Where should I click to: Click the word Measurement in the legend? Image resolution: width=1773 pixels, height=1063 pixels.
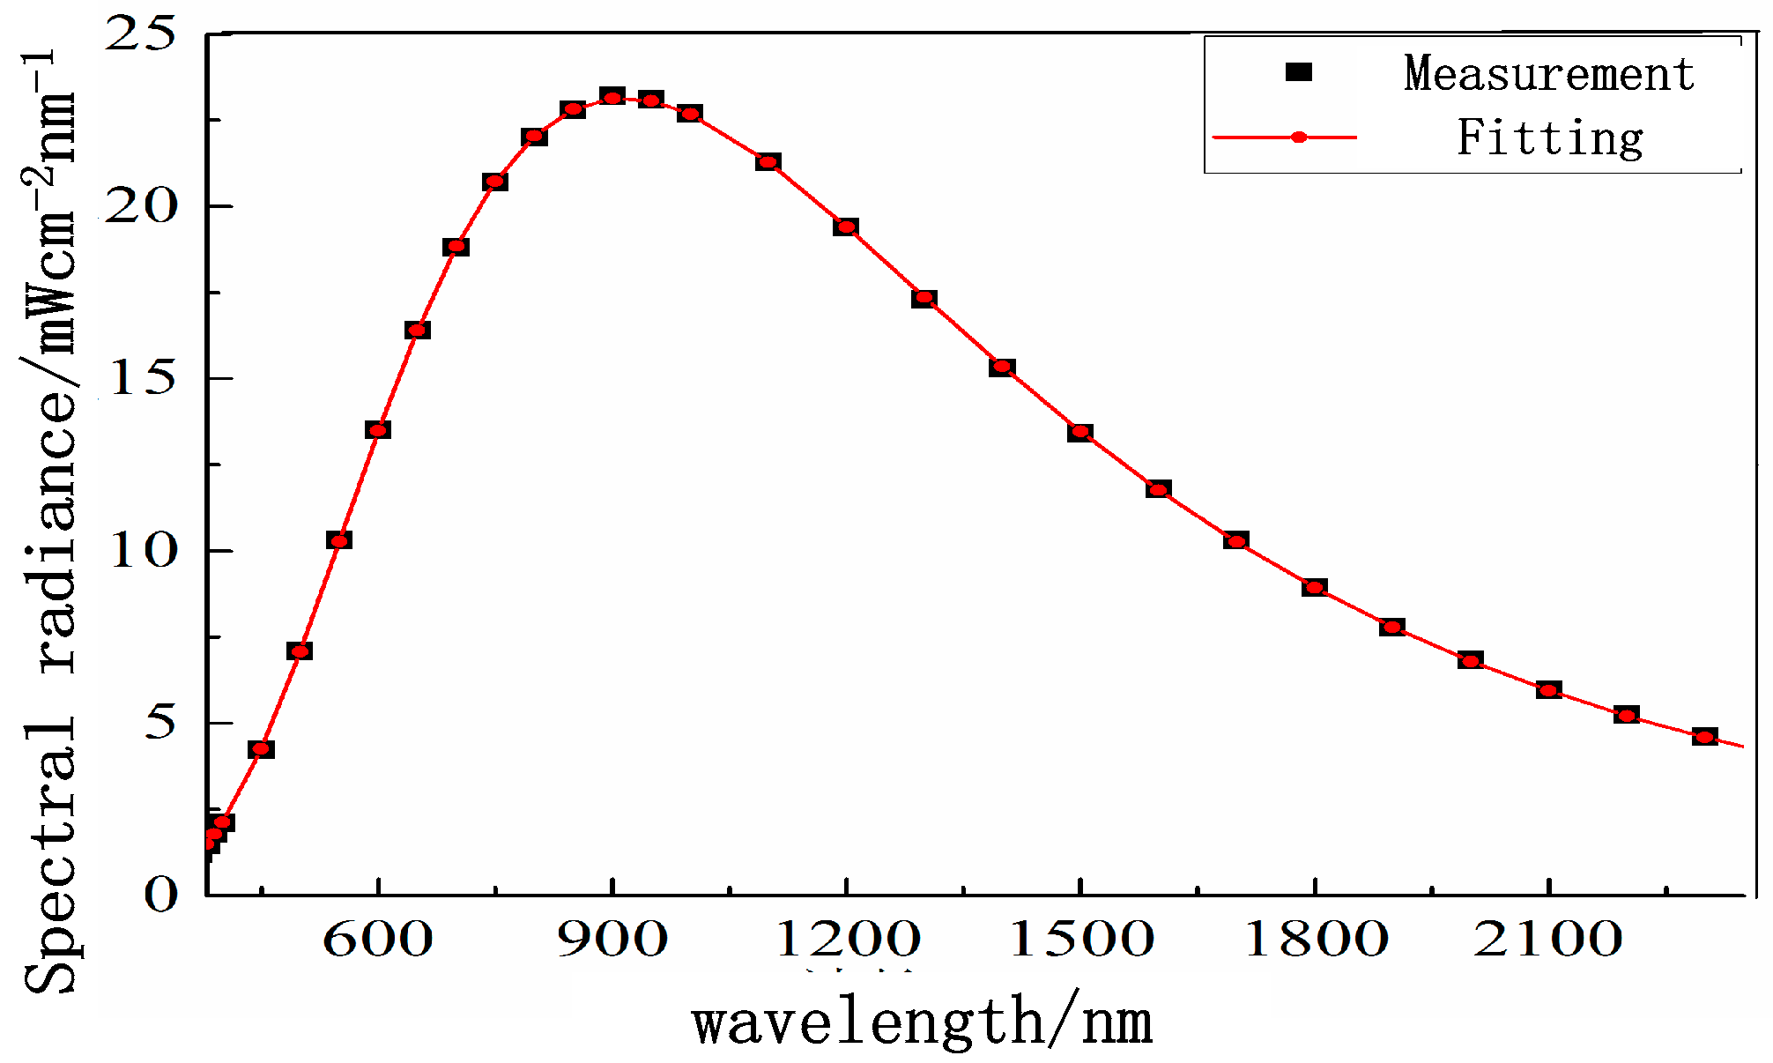pos(1548,73)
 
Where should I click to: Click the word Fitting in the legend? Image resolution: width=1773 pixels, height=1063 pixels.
pos(1550,138)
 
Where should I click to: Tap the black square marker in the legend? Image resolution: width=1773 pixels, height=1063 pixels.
pos(1298,72)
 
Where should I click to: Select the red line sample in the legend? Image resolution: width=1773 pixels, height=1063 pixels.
pos(1285,138)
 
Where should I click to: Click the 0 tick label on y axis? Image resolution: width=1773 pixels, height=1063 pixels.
pos(160,896)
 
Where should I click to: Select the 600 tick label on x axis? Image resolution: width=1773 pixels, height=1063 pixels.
pos(378,940)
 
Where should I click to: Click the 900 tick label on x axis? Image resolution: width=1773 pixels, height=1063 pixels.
pos(612,940)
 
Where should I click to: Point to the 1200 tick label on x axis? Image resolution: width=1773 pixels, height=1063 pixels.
pos(847,940)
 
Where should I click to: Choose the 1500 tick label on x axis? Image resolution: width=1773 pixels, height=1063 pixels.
pos(1080,940)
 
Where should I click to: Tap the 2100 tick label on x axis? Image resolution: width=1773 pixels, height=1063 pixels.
pos(1548,940)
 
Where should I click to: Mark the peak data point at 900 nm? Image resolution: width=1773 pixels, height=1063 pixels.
pos(612,97)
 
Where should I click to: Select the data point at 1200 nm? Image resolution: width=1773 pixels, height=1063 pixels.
pos(846,227)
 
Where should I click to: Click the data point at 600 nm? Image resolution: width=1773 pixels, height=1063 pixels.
pos(378,430)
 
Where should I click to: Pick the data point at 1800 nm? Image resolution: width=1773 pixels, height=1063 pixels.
pos(1314,587)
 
